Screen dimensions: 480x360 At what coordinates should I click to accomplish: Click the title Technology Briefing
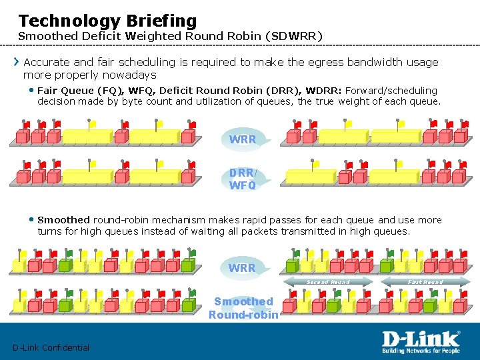pos(107,21)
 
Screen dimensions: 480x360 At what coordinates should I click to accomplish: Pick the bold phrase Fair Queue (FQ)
pos(80,91)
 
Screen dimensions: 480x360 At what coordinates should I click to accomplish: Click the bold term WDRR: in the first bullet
pos(326,91)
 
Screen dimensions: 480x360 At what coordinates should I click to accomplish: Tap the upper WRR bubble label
pos(242,140)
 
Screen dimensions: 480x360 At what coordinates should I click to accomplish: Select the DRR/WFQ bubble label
pos(243,179)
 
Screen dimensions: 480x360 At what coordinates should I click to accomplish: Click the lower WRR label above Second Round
pos(242,268)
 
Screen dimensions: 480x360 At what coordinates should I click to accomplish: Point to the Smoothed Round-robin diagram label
pos(243,308)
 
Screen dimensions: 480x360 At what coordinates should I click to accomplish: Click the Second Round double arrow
pos(327,282)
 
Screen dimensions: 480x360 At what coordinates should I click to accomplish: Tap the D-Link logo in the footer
pos(420,339)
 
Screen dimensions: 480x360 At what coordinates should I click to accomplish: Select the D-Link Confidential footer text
pos(51,347)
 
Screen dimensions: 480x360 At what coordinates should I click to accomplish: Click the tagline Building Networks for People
pos(421,351)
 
